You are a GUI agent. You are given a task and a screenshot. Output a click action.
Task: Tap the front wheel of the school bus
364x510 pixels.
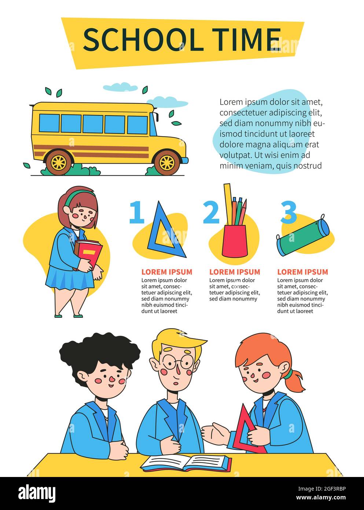coord(167,163)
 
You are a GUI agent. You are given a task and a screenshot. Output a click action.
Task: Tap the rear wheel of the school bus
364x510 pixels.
coord(59,162)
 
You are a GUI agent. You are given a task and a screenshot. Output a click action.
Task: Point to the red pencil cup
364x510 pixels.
coord(235,241)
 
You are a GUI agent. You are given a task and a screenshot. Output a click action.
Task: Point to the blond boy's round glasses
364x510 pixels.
coord(178,361)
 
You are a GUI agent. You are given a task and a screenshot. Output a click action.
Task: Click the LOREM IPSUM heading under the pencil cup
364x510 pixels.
coord(235,272)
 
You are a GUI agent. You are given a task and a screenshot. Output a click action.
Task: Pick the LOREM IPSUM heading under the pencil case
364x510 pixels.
coord(302,272)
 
